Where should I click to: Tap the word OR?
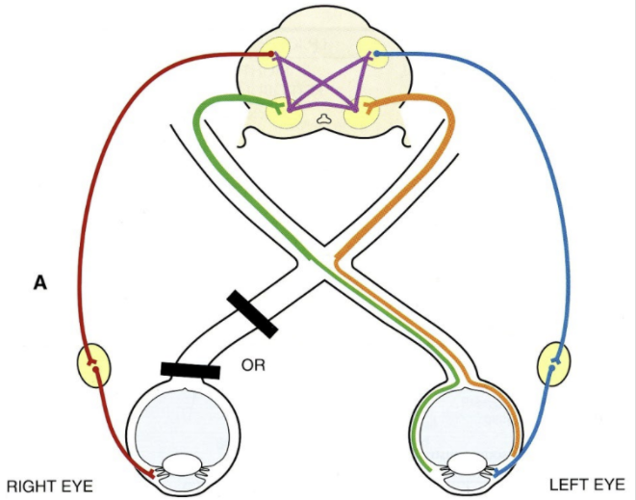(254, 366)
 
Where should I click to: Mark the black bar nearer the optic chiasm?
(253, 314)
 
